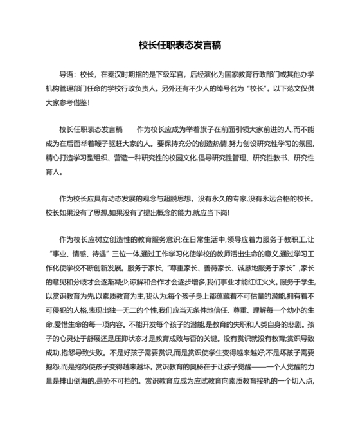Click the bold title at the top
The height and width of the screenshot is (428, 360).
[x=180, y=45]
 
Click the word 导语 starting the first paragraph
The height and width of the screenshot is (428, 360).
[x=67, y=75]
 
